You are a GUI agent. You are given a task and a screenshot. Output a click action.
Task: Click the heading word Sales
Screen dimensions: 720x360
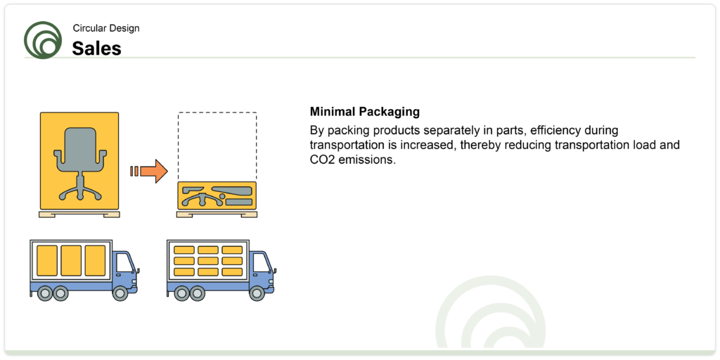(96, 49)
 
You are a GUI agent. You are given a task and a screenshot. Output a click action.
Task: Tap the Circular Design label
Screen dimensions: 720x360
(106, 28)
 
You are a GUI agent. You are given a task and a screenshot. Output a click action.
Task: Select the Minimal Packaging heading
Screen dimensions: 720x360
(365, 112)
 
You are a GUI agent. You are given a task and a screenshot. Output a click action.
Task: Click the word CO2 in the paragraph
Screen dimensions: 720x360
(321, 161)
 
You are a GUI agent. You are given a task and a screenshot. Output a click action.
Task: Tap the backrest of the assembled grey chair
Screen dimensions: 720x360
(79, 143)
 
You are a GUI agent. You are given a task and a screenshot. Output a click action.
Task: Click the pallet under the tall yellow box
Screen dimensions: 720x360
(79, 214)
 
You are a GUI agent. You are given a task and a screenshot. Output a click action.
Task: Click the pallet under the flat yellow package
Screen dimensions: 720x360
(217, 214)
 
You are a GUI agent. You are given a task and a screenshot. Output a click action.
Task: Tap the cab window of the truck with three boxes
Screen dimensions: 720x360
(124, 263)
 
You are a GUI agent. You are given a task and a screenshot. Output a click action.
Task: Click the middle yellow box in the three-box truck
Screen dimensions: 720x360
(71, 260)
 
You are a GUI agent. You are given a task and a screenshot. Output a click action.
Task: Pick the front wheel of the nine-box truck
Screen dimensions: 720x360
(257, 293)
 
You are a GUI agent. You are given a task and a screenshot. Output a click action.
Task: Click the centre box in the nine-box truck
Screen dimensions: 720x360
(208, 261)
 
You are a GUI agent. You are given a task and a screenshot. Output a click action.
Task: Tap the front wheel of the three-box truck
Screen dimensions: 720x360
(120, 293)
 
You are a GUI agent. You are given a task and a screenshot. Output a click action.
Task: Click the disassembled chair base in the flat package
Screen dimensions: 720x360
(202, 200)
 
